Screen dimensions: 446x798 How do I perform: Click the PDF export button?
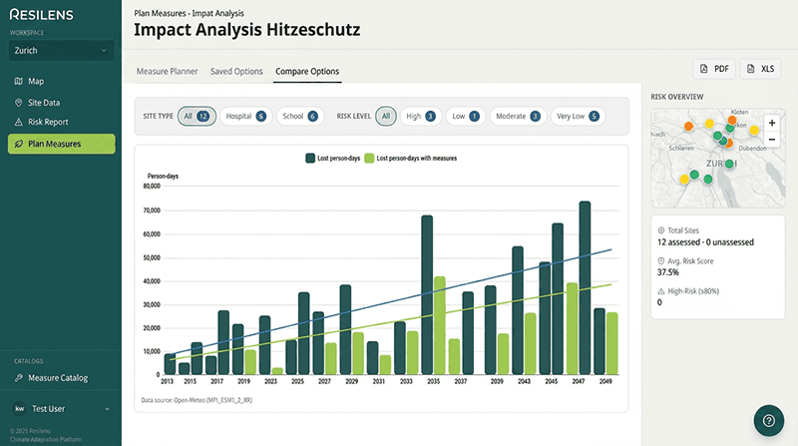[x=714, y=69]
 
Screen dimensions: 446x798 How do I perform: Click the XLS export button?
[x=760, y=69]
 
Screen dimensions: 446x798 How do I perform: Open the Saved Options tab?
[x=236, y=72]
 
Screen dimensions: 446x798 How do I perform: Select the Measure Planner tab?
[x=167, y=72]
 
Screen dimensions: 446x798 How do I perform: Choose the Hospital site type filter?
[x=245, y=116]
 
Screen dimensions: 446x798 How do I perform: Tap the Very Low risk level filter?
[x=579, y=116]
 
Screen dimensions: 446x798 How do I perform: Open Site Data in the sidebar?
[x=44, y=102]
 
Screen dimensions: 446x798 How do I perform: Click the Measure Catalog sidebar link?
[x=58, y=378]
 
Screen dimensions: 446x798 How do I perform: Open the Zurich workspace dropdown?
[x=61, y=50]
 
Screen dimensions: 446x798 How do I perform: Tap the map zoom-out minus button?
[x=771, y=141]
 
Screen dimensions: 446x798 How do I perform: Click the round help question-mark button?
[x=769, y=420]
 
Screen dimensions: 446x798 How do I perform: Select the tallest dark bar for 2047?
[x=585, y=288]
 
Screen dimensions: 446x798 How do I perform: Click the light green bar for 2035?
[x=439, y=325]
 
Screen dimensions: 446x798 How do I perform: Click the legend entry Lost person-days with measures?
[x=410, y=158]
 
